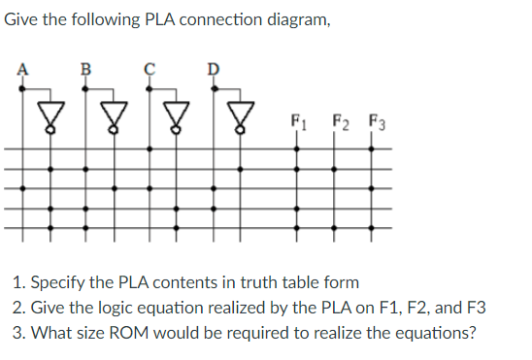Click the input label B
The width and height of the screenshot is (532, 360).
[85, 69]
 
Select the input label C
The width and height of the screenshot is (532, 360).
[149, 69]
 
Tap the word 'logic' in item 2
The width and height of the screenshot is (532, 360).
[113, 310]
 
